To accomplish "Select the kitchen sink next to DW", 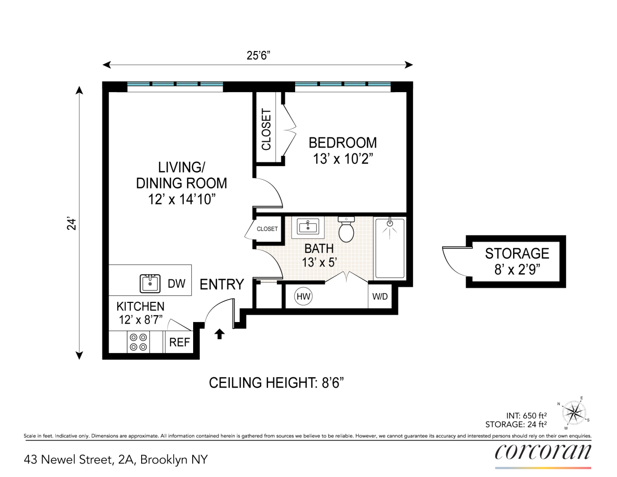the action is click(x=150, y=283).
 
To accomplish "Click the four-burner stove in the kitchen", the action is click(x=138, y=342).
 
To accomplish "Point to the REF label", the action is click(x=179, y=342).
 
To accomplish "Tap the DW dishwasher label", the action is click(x=176, y=284).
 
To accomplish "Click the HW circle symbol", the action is click(x=303, y=297).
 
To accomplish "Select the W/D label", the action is click(x=380, y=297).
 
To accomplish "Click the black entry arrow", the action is click(x=219, y=334).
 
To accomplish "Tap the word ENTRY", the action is click(x=222, y=284).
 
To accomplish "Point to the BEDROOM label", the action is click(x=343, y=143).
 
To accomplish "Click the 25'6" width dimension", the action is click(x=258, y=56).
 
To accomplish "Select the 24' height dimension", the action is click(x=72, y=224).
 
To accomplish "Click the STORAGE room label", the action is click(x=517, y=254).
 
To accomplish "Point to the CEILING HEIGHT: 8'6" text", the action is click(x=276, y=383).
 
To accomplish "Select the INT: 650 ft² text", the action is click(x=526, y=415).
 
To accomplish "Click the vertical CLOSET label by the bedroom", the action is click(x=267, y=129).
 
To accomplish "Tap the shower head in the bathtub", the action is click(x=390, y=223).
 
